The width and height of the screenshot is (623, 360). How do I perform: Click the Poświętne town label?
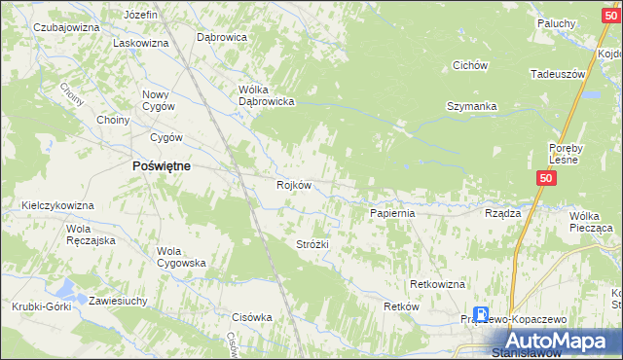(x=161, y=166)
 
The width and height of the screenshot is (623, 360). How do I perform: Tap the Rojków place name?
(x=293, y=186)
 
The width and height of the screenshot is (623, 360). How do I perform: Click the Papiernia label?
(x=393, y=212)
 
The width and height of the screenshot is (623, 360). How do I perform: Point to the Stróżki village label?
(x=312, y=245)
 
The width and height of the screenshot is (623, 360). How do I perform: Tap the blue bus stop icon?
(x=481, y=313)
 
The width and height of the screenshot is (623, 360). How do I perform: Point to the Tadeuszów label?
(x=557, y=74)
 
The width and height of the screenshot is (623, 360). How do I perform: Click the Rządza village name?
(x=502, y=212)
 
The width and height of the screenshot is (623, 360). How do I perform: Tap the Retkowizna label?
(x=437, y=283)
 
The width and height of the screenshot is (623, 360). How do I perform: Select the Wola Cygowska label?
(x=181, y=257)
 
